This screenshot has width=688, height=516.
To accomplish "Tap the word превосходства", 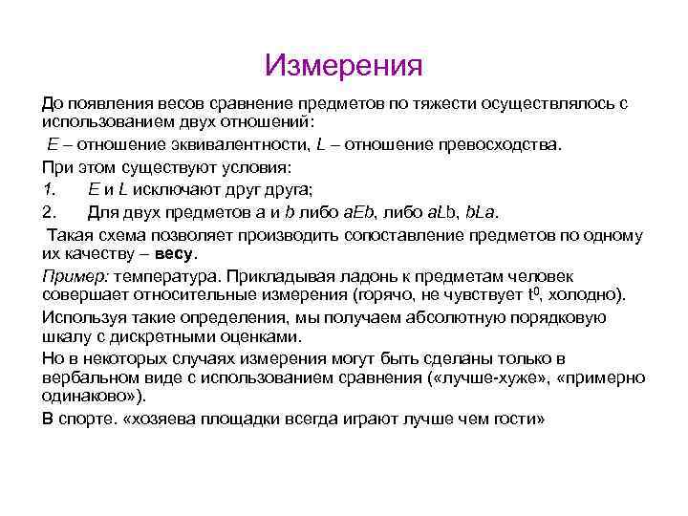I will [x=499, y=144].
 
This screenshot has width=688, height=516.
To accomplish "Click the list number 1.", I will [x=47, y=188].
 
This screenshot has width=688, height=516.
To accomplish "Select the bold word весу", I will [x=176, y=253].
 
